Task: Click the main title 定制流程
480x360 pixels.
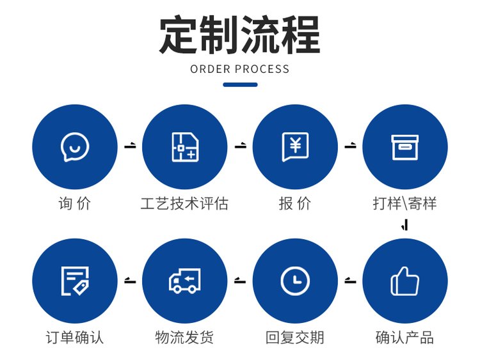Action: (239, 35)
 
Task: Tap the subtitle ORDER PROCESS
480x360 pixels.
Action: (240, 69)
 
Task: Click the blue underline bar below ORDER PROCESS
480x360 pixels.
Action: (240, 84)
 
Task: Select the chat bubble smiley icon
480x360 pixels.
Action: (75, 147)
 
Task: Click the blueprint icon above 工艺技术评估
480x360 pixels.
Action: (185, 147)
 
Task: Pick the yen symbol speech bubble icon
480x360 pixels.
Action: (295, 147)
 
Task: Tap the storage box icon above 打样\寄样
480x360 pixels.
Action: (404, 147)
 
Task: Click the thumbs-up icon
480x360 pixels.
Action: (404, 281)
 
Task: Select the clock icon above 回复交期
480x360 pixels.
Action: (295, 281)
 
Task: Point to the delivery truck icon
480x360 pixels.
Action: (185, 281)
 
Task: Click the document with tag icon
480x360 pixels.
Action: (75, 281)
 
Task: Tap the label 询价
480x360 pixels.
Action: (75, 204)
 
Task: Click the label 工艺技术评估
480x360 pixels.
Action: (184, 204)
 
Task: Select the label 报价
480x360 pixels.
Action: (295, 204)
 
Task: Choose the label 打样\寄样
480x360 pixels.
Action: (404, 204)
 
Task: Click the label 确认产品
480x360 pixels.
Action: (404, 337)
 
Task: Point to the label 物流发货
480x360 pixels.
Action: (184, 337)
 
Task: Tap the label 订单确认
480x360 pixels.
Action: (75, 337)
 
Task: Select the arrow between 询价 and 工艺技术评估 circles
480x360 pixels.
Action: (131, 146)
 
